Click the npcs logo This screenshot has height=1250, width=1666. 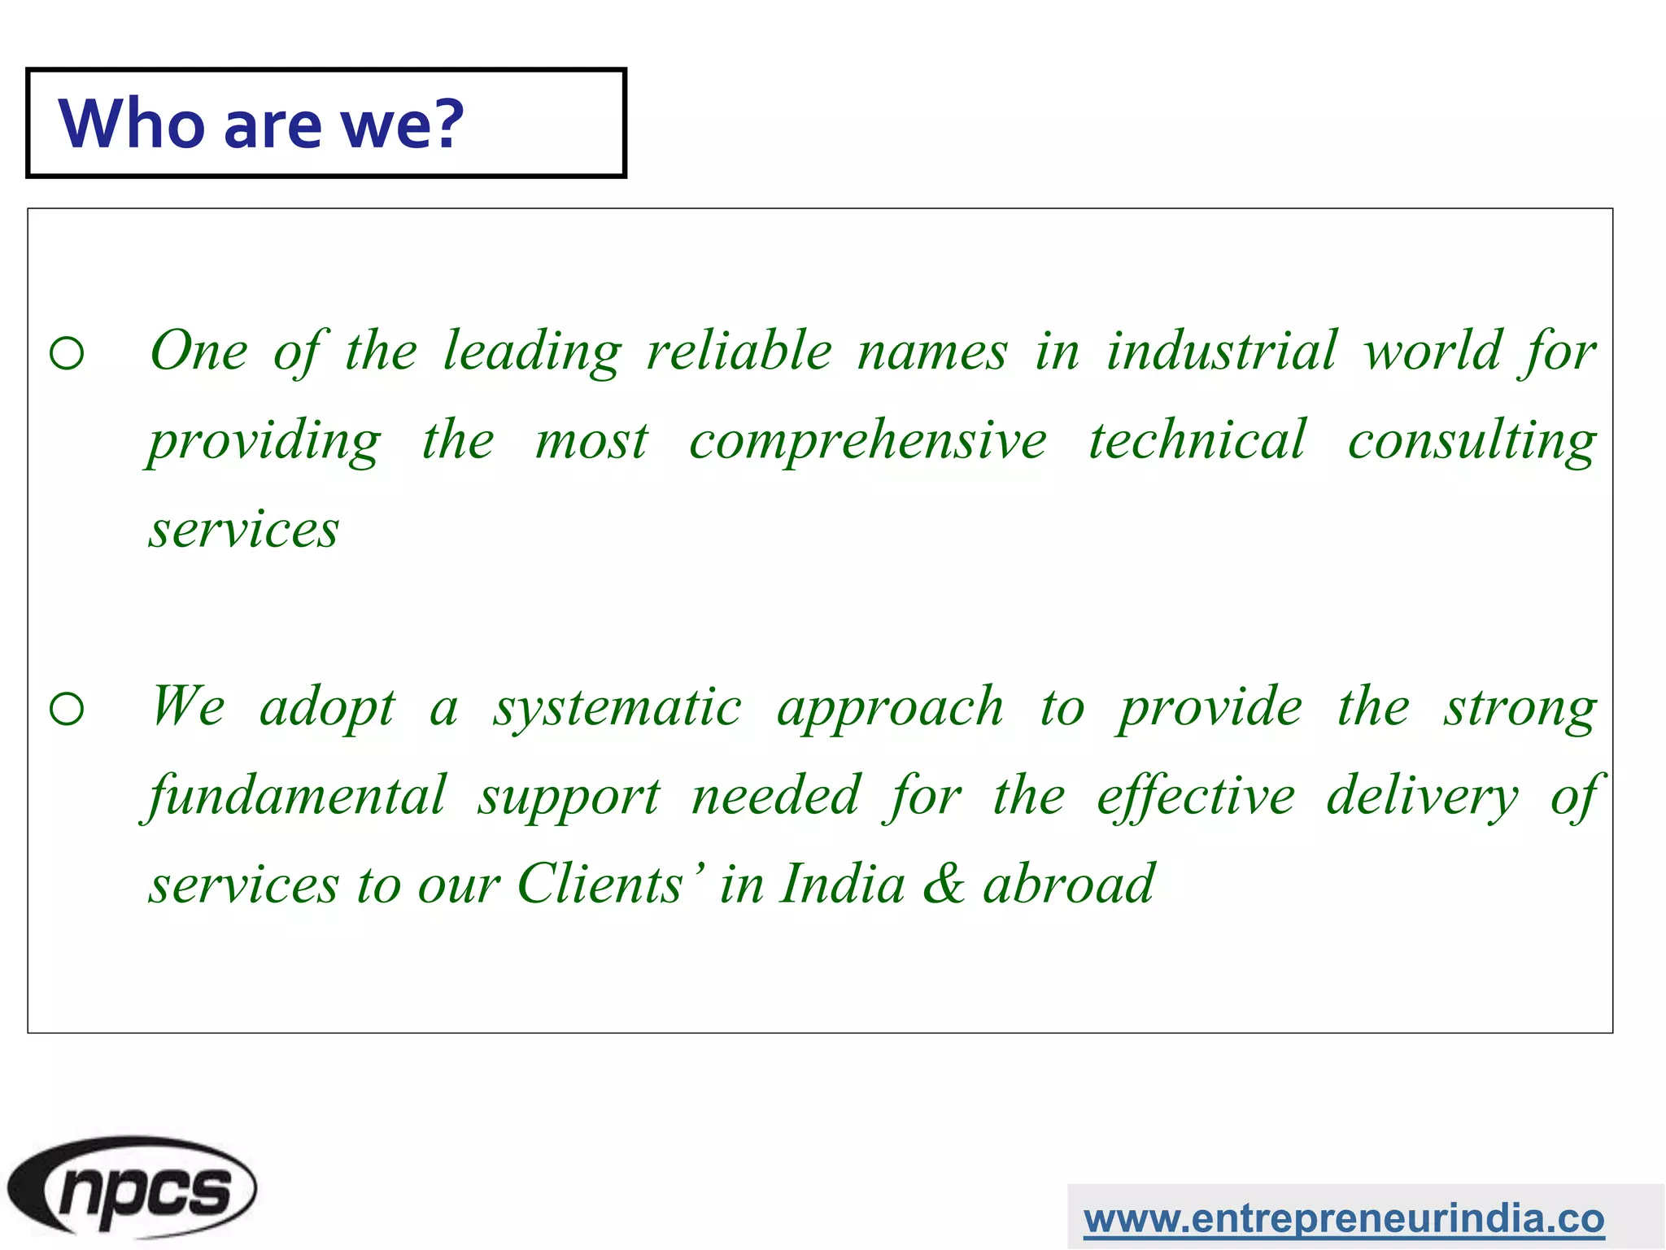pyautogui.click(x=133, y=1187)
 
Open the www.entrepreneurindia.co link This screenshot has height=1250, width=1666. pyautogui.click(x=1343, y=1218)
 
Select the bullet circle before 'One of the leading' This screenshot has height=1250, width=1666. pyautogui.click(x=67, y=353)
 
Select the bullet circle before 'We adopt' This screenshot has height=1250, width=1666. pyautogui.click(x=67, y=709)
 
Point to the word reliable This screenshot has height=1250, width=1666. pyautogui.click(x=739, y=351)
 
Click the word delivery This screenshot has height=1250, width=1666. pyautogui.click(x=1422, y=795)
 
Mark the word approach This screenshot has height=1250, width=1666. pyautogui.click(x=890, y=708)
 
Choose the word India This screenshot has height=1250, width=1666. pyautogui.click(x=842, y=884)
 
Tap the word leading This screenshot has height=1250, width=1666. pyautogui.click(x=533, y=351)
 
